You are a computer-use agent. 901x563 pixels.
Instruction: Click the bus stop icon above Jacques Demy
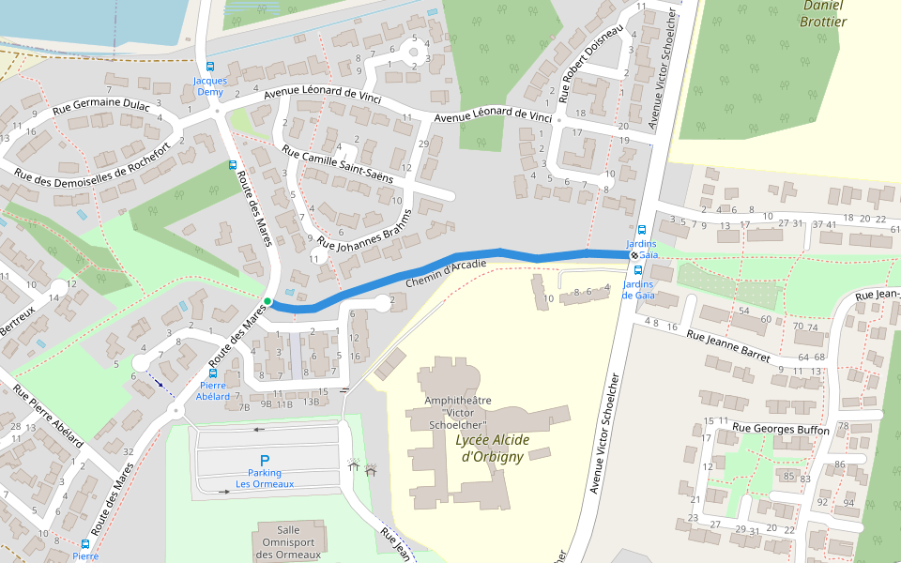click(x=209, y=67)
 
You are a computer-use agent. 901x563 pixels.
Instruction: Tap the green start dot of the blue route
click(x=267, y=301)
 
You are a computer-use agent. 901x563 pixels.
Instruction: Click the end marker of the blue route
click(x=634, y=254)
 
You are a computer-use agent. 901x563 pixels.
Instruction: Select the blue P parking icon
click(x=265, y=460)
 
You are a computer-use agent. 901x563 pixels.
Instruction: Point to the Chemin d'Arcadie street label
click(x=446, y=274)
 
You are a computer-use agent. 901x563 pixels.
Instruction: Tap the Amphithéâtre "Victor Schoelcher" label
click(x=458, y=412)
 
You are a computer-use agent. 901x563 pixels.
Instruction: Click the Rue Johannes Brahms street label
click(x=366, y=228)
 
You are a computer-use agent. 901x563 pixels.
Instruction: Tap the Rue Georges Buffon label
click(x=780, y=429)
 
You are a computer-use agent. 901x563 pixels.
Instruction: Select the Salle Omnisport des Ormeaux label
click(x=287, y=542)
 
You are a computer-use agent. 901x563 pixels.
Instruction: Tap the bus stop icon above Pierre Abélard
click(x=213, y=373)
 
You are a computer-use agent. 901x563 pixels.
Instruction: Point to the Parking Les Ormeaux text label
click(x=265, y=479)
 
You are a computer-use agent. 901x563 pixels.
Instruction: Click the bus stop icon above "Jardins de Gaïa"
click(x=642, y=230)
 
